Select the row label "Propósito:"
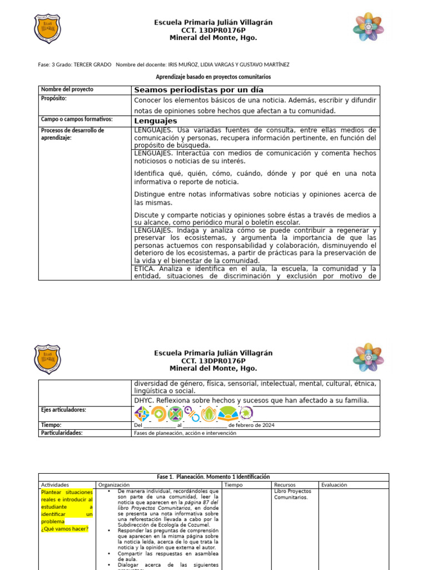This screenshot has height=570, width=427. coord(54,99)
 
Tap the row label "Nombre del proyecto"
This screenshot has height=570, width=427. coord(67,89)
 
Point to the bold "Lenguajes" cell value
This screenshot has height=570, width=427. coord(156,121)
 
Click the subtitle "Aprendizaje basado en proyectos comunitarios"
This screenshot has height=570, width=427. coord(213,76)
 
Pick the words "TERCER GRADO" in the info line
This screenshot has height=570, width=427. coord(92,65)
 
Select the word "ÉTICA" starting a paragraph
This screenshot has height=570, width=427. coord(145,268)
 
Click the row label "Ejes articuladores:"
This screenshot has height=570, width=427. coord(64,410)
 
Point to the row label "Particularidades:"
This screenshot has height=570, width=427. coord(62,433)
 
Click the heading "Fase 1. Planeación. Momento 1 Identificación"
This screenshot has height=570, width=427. coord(213,477)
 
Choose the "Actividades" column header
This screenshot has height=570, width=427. coord(55,485)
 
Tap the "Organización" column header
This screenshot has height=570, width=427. coord(113,485)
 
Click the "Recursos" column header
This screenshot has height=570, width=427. coord(285,485)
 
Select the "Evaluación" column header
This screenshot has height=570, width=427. coord(334,485)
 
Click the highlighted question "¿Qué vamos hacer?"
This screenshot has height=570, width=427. coord(64,529)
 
